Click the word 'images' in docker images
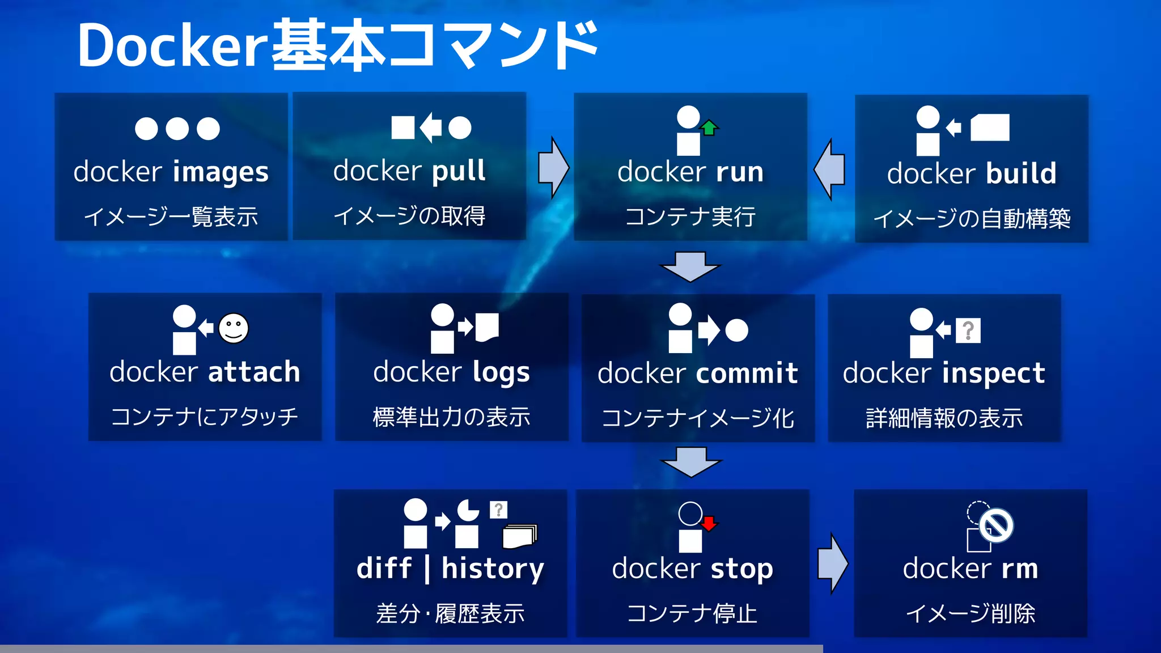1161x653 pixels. click(x=221, y=172)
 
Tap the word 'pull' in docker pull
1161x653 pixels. click(x=459, y=171)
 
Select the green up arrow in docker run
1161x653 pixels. click(x=709, y=128)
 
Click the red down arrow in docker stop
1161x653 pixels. click(x=709, y=523)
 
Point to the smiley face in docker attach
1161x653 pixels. click(x=234, y=328)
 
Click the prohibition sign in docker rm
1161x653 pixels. click(x=996, y=525)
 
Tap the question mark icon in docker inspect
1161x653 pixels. click(x=968, y=330)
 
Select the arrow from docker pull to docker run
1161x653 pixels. click(x=553, y=168)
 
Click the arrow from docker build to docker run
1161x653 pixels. click(x=830, y=169)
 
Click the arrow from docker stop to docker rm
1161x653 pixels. click(x=833, y=563)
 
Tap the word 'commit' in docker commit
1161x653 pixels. click(x=747, y=373)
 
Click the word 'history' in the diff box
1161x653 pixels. click(x=493, y=569)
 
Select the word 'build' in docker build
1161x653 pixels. click(x=1021, y=173)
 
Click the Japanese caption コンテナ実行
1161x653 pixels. click(x=690, y=217)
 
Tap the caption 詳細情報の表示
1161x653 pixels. click(x=944, y=418)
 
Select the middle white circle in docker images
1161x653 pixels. click(x=177, y=129)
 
